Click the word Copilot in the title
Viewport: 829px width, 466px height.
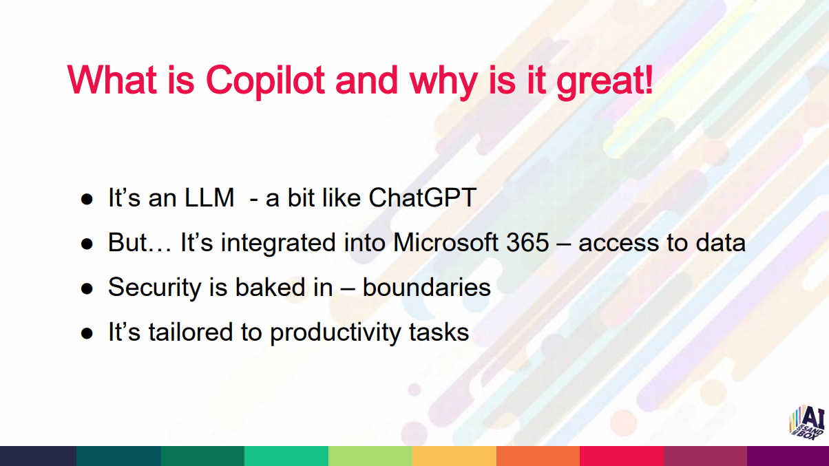265,81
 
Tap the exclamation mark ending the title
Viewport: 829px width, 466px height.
649,79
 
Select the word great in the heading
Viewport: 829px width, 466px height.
600,82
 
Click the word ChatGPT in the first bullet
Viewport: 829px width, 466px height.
422,198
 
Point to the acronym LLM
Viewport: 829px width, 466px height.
209,198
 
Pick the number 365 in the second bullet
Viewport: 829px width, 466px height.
527,242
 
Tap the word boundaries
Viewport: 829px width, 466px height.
426,287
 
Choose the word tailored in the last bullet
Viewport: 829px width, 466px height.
190,332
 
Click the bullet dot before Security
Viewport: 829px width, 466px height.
87,288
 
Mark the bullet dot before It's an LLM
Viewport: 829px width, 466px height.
87,199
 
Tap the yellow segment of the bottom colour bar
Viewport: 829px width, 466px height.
454,456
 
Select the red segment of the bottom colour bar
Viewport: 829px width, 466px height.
622,456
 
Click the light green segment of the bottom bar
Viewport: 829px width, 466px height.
370,456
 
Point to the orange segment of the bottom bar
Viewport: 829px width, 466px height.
538,456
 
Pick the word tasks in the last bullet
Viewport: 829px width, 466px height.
439,332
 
